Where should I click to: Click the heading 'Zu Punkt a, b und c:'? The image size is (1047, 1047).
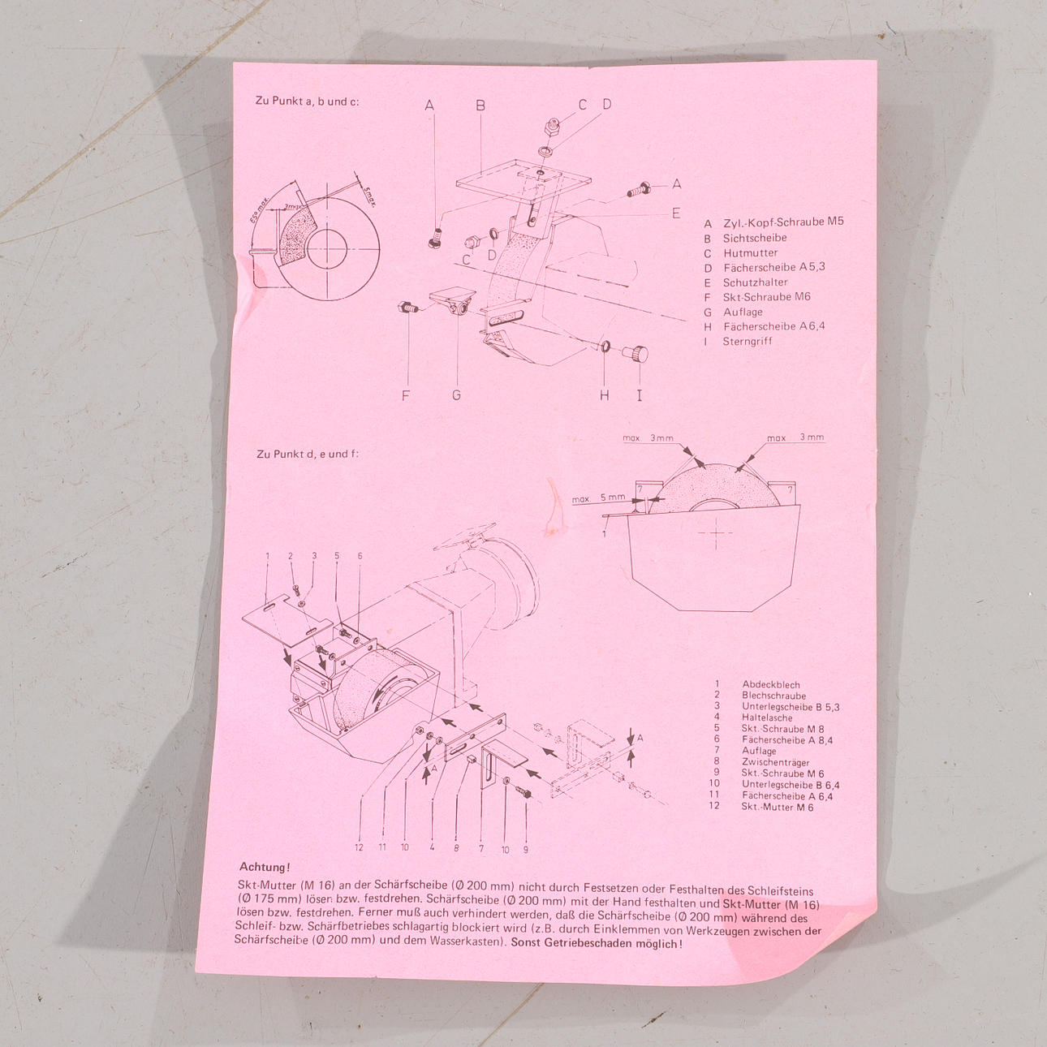(307, 101)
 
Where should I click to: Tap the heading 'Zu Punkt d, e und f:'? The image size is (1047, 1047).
(308, 454)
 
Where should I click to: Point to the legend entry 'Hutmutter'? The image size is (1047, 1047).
(750, 253)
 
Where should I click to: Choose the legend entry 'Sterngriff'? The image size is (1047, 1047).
(747, 342)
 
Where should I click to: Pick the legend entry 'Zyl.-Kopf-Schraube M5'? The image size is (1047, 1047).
(783, 223)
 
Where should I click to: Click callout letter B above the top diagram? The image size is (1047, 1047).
(480, 106)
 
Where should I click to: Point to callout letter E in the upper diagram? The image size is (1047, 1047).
(676, 213)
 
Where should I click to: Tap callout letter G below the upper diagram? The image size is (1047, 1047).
(456, 395)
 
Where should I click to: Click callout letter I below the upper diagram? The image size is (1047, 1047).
(640, 395)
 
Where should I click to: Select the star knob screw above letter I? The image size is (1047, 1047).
(636, 354)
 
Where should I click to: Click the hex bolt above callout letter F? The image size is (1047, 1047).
(408, 307)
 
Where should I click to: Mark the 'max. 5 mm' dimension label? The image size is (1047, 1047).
(598, 498)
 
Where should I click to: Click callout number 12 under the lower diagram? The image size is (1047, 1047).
(359, 847)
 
